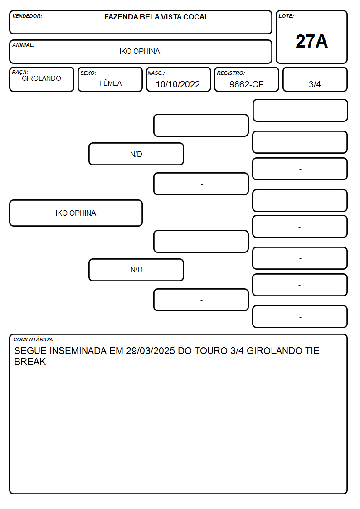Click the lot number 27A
pyautogui.click(x=311, y=41)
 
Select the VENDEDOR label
pyautogui.click(x=27, y=16)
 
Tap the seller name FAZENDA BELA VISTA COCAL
pyautogui.click(x=156, y=17)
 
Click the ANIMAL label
pyautogui.click(x=24, y=45)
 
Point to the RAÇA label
pyautogui.click(x=20, y=72)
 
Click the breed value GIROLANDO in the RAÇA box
pyautogui.click(x=42, y=78)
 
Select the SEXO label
pyautogui.click(x=88, y=73)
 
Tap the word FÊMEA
pyautogui.click(x=110, y=83)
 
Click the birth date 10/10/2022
pyautogui.click(x=178, y=84)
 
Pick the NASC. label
pyautogui.click(x=156, y=73)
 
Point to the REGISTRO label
pyautogui.click(x=231, y=73)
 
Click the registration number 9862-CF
pyautogui.click(x=246, y=84)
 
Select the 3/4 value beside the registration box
pyautogui.click(x=315, y=84)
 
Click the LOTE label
pyautogui.click(x=286, y=16)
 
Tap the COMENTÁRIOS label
pyautogui.click(x=34, y=339)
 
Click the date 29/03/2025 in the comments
pyautogui.click(x=151, y=351)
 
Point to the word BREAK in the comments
pyautogui.click(x=30, y=362)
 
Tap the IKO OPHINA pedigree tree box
pyautogui.click(x=76, y=213)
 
